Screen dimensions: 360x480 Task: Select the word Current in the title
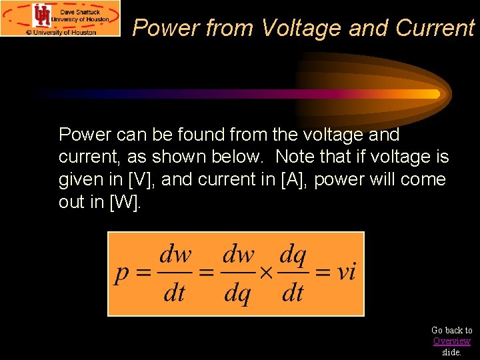point(435,28)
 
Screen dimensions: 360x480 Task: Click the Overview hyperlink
point(451,341)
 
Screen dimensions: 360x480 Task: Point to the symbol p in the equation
point(122,273)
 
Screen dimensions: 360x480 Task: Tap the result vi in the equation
point(345,272)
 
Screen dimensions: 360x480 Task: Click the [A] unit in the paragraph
point(291,180)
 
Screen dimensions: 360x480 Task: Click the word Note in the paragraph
point(293,157)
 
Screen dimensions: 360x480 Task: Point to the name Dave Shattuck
point(81,11)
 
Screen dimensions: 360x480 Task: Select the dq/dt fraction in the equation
point(293,273)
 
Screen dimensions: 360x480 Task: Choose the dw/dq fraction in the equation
point(238,273)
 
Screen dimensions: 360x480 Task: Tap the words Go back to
point(451,330)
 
